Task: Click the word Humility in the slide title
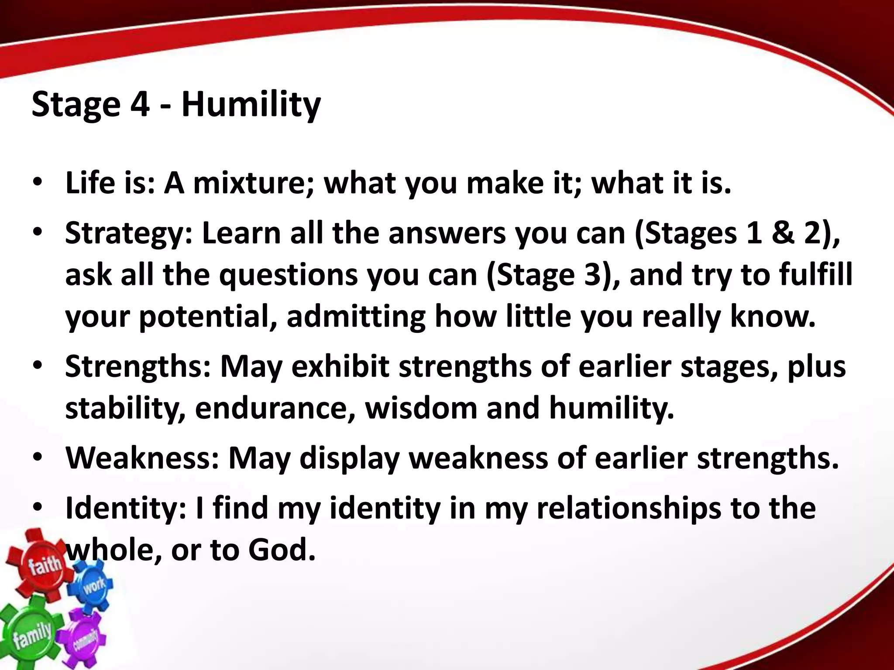[x=251, y=106]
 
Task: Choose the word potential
[x=208, y=317]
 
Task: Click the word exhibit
[x=340, y=366]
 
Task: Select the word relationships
[x=628, y=508]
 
